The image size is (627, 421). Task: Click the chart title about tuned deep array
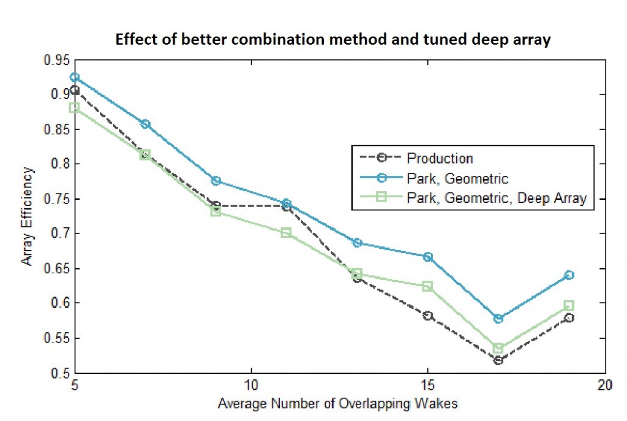tap(333, 41)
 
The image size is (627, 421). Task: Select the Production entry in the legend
tap(440, 158)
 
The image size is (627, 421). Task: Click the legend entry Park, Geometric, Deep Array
tap(497, 198)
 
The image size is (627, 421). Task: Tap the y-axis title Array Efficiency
tap(28, 216)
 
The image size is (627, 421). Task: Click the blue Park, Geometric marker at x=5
tap(75, 77)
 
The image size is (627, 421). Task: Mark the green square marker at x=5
tap(75, 108)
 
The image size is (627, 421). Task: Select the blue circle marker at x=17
tap(498, 319)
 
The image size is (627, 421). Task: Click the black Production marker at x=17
tap(498, 360)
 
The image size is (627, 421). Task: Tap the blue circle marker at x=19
tap(569, 275)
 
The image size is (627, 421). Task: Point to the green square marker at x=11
tap(287, 233)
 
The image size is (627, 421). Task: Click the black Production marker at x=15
tap(428, 316)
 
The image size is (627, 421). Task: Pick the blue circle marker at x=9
tap(216, 181)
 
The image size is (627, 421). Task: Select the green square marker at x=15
tap(428, 286)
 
